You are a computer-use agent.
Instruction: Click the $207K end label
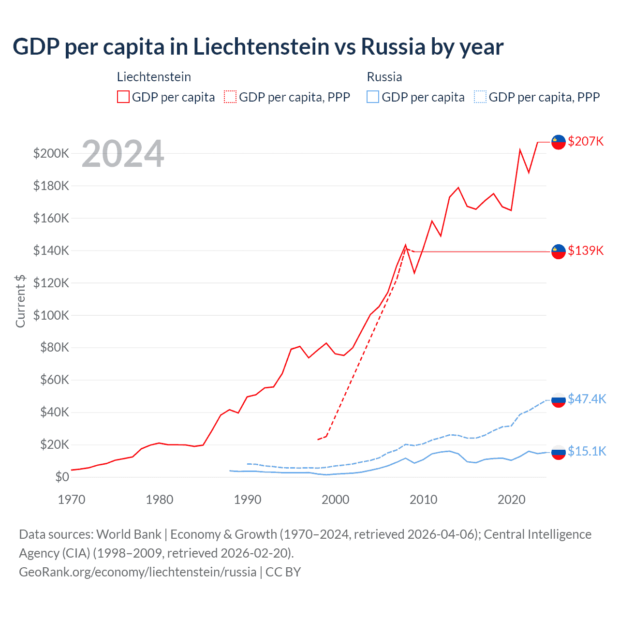[x=586, y=141]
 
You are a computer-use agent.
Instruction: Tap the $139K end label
[x=586, y=251]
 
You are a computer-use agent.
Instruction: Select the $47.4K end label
[x=587, y=399]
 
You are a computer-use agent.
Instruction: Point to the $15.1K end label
[x=587, y=451]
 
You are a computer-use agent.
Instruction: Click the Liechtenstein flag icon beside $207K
[x=559, y=142]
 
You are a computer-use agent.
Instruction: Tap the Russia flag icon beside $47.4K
[x=559, y=400]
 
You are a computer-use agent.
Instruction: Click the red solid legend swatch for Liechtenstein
[x=123, y=97]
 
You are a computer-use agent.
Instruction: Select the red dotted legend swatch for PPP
[x=231, y=97]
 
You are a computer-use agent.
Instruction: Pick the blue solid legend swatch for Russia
[x=373, y=97]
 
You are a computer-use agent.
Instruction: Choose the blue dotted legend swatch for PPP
[x=480, y=97]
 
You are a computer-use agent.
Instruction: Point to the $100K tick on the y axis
[x=51, y=315]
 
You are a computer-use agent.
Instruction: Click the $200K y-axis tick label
[x=51, y=154]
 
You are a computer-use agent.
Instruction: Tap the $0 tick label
[x=62, y=477]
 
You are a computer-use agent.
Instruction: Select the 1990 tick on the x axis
[x=247, y=500]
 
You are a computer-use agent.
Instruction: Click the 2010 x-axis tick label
[x=423, y=500]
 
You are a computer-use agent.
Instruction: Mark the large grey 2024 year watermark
[x=123, y=154]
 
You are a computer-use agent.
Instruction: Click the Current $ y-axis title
[x=20, y=301]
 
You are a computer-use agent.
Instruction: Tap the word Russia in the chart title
[x=393, y=47]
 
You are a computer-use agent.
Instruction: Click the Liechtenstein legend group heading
[x=154, y=77]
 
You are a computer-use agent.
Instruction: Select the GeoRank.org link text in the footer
[x=138, y=572]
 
